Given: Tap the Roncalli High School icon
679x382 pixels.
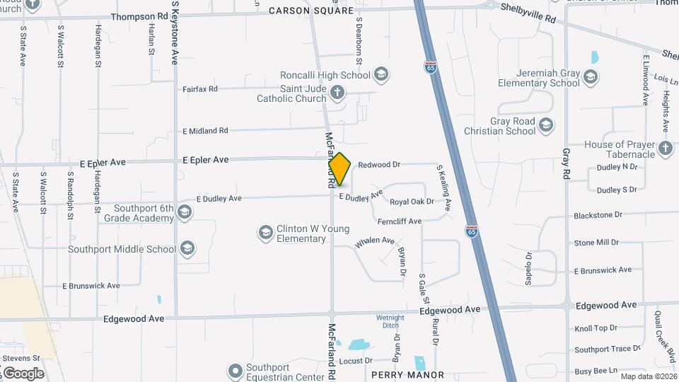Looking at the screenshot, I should click(x=381, y=75).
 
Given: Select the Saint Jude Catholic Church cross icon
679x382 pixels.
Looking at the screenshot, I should click(x=338, y=92).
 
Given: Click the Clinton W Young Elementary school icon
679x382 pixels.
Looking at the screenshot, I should click(x=266, y=233).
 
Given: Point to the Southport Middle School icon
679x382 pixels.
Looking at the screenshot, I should click(x=187, y=248).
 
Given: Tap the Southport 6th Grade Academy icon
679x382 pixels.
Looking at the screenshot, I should click(x=184, y=212).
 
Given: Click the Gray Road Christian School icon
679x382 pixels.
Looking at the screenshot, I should click(x=545, y=126).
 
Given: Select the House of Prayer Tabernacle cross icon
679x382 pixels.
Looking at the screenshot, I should click(x=665, y=149).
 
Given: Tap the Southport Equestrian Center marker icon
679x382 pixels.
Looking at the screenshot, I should click(x=236, y=371).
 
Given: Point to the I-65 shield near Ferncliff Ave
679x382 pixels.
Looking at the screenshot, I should click(x=472, y=231).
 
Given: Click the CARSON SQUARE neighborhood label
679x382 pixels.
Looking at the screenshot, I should click(x=311, y=11).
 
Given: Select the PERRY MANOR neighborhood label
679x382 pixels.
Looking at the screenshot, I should click(x=407, y=375).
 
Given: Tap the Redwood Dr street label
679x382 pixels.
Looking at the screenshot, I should click(x=379, y=165).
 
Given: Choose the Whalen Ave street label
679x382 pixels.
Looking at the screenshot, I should click(x=375, y=241).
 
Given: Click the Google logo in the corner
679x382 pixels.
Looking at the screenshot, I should click(x=23, y=373).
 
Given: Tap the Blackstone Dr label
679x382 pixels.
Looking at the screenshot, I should click(x=598, y=215).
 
